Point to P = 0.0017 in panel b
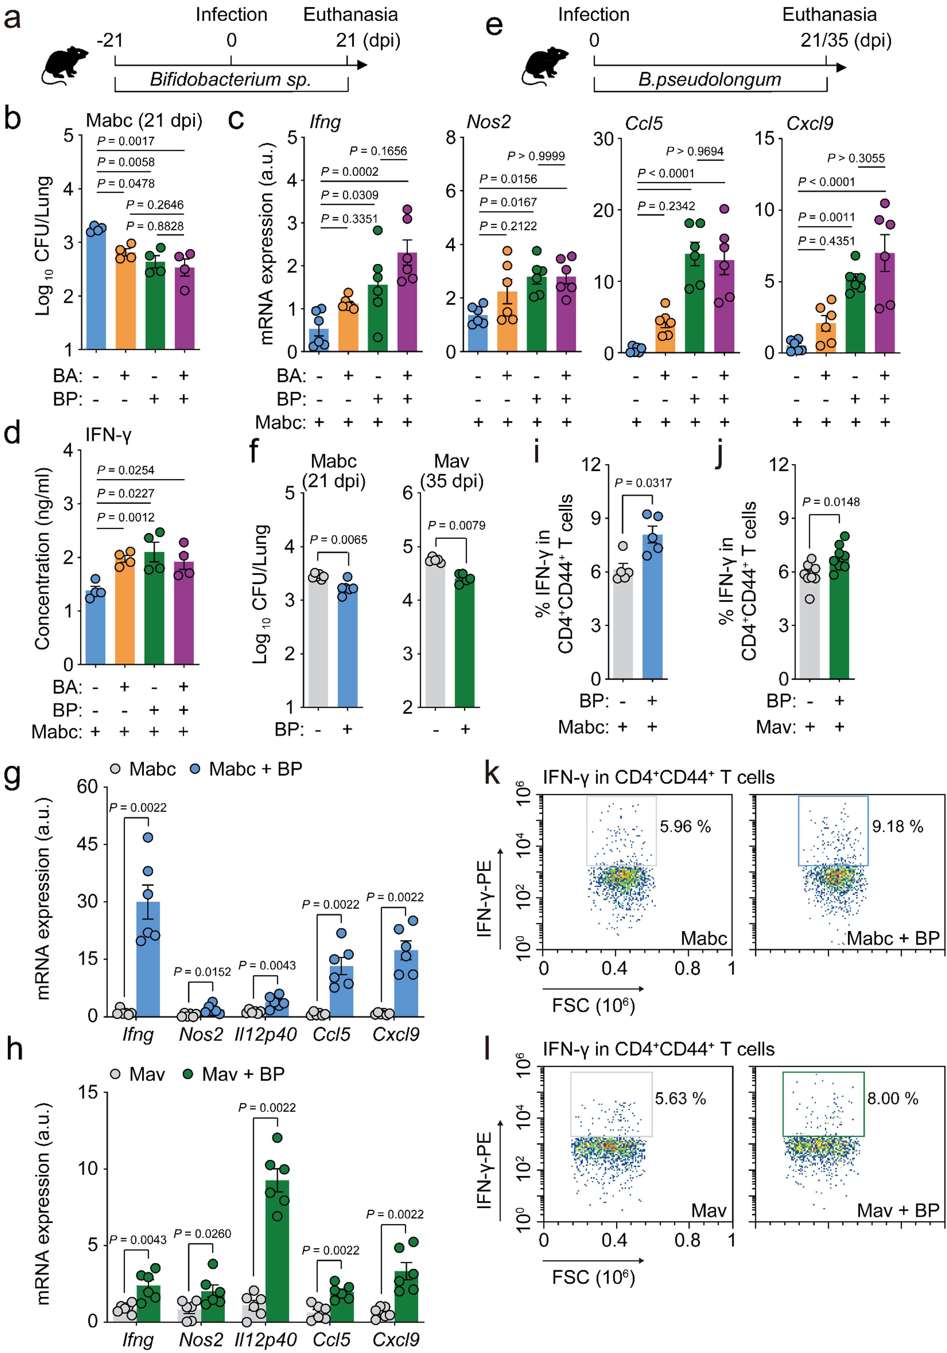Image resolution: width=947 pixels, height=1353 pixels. click(126, 141)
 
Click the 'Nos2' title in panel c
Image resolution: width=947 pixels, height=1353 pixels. click(489, 122)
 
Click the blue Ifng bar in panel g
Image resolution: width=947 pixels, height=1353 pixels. click(148, 959)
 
